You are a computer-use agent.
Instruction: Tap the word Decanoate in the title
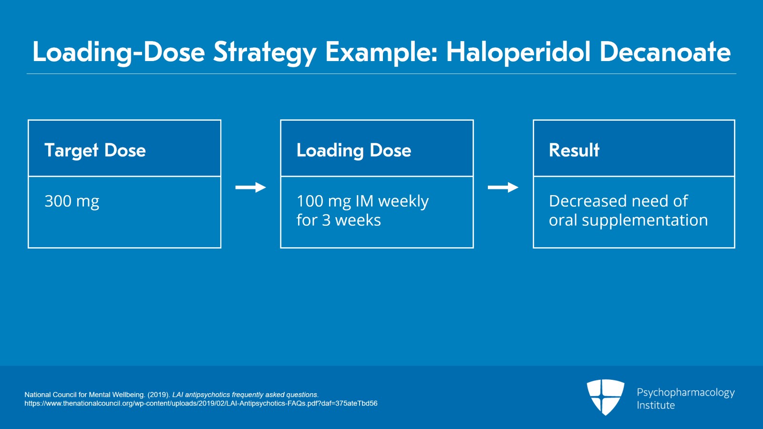(x=665, y=52)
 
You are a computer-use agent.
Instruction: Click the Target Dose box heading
(x=95, y=150)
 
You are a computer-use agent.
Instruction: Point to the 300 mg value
(x=72, y=201)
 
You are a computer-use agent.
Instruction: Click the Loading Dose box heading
(x=353, y=150)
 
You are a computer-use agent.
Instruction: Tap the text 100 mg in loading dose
(x=323, y=201)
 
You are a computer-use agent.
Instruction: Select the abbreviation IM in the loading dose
(x=364, y=201)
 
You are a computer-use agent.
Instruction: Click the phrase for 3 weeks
(x=339, y=220)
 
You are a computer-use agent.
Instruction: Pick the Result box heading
(x=574, y=150)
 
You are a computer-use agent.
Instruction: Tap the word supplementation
(x=645, y=220)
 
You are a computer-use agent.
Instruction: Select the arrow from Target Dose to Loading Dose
(x=250, y=188)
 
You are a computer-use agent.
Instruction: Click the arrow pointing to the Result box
(x=503, y=188)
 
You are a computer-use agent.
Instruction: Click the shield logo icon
(x=605, y=397)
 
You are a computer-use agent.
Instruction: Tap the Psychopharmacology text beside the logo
(x=685, y=392)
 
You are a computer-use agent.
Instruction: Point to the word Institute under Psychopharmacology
(x=656, y=405)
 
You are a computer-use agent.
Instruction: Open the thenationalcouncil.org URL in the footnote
(x=201, y=403)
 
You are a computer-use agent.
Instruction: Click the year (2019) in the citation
(x=158, y=395)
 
